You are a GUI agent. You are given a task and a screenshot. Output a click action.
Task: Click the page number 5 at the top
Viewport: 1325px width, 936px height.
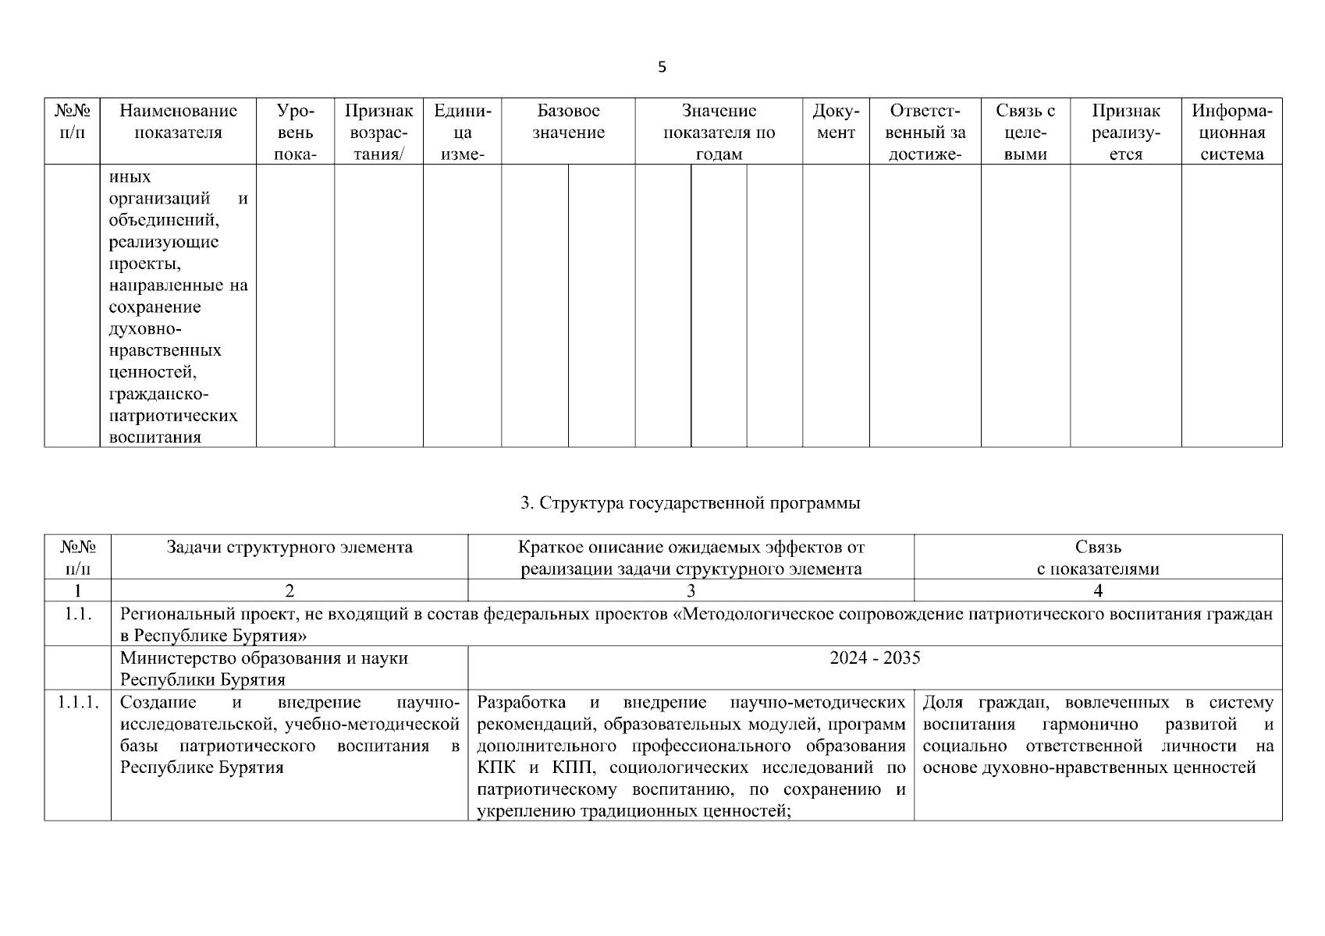[662, 67]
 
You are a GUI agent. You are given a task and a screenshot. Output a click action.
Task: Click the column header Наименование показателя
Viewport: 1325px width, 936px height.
[178, 122]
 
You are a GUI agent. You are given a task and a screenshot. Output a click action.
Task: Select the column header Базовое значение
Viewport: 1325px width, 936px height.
[568, 122]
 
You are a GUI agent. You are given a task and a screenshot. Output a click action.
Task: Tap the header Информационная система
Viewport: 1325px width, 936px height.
[1232, 132]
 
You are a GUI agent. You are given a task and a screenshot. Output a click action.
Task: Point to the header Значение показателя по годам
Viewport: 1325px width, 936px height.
[719, 132]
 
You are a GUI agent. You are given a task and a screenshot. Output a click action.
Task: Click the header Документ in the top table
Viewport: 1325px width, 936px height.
[836, 122]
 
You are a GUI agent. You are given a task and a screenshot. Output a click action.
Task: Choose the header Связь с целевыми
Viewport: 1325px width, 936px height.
[1025, 132]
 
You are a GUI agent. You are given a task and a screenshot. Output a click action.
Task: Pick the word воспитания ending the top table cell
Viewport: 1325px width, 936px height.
[155, 437]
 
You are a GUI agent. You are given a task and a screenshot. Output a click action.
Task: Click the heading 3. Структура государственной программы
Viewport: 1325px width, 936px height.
[690, 503]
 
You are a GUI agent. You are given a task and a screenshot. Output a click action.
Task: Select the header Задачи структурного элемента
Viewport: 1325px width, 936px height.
[290, 548]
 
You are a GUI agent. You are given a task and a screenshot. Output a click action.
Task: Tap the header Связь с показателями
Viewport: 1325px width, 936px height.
[1098, 558]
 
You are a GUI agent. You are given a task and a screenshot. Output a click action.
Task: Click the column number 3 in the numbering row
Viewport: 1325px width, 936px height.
[691, 590]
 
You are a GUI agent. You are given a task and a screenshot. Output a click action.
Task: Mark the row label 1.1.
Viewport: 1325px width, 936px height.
[77, 614]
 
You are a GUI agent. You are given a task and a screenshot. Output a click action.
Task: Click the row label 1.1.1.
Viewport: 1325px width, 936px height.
[77, 703]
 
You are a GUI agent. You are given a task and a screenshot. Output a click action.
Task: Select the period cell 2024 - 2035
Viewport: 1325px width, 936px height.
[875, 658]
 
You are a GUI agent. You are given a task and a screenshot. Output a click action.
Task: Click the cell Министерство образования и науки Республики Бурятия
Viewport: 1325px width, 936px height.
[264, 668]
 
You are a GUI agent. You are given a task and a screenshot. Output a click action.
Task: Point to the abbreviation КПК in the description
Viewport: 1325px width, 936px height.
[493, 768]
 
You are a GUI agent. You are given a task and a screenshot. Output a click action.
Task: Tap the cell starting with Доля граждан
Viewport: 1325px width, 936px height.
[1097, 735]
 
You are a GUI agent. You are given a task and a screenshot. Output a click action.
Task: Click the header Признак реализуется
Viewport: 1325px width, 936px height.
[1125, 132]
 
